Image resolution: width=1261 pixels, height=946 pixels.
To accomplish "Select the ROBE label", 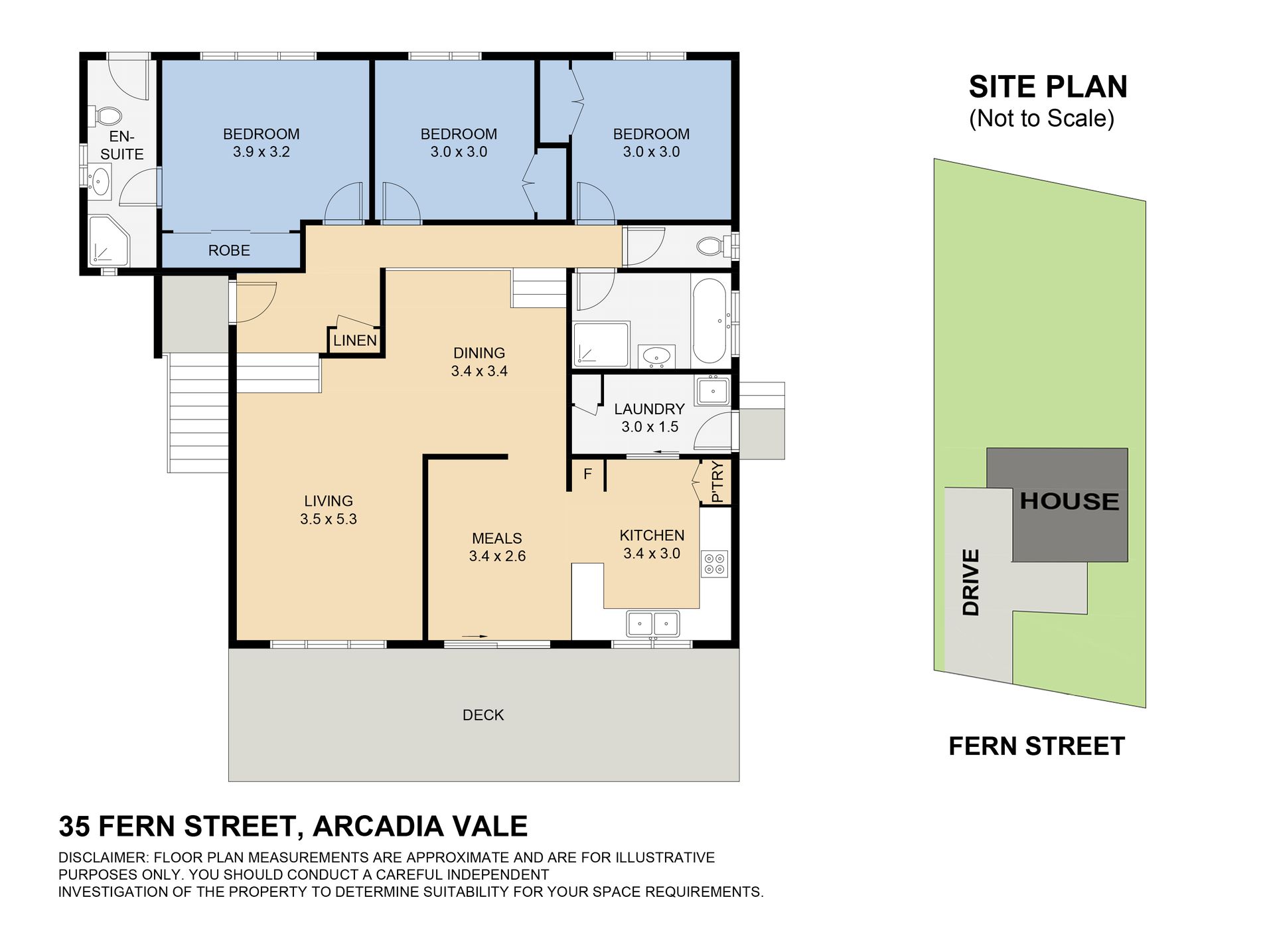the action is coord(229,250).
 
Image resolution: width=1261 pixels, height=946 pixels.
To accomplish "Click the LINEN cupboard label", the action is coord(355,341).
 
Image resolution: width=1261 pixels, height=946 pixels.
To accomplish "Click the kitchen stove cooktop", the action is coord(715,564).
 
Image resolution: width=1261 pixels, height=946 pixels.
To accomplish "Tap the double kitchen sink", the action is coord(653,624).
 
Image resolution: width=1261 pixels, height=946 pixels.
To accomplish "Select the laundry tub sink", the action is coord(712,390).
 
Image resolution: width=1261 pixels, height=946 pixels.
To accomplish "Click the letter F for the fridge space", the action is coord(587,474).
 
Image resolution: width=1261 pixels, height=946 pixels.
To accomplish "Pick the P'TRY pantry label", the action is coord(716,482).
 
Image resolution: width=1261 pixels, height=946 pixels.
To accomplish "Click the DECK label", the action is coord(483,715).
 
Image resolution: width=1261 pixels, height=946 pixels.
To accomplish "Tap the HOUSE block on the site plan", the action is coord(1069,501).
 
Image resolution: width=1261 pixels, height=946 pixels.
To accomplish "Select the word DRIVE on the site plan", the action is coord(970,582).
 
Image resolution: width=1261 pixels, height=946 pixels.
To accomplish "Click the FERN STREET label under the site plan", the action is coord(1037,746).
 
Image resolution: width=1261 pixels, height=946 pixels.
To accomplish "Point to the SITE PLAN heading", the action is coord(1048,87).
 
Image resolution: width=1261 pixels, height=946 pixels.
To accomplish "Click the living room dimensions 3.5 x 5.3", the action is coord(329,519).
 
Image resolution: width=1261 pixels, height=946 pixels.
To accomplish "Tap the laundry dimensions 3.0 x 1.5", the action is coord(650,427).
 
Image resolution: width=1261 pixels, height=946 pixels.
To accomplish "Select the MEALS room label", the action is coord(497,538).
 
